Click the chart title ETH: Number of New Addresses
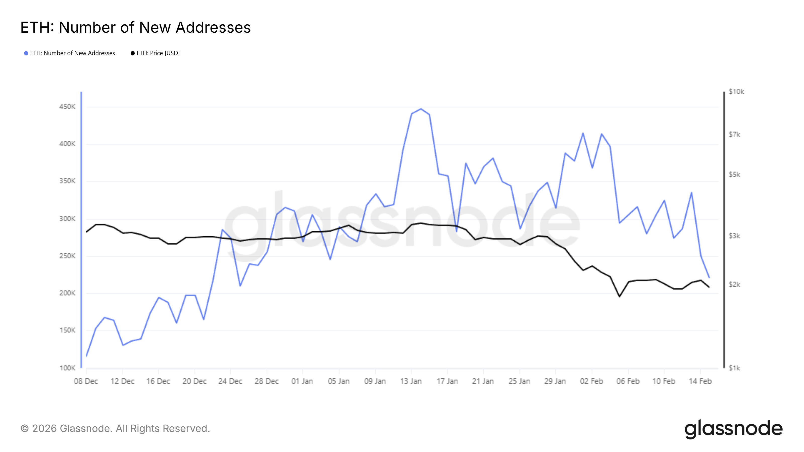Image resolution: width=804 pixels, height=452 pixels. click(x=135, y=27)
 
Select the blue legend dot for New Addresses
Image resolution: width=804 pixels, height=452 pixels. click(x=26, y=53)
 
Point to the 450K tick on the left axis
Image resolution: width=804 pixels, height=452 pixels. click(x=67, y=107)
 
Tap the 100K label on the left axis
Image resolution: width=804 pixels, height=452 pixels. click(x=67, y=368)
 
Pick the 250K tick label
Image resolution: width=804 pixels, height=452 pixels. click(x=67, y=256)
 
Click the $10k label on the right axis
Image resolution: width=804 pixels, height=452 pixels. click(x=736, y=92)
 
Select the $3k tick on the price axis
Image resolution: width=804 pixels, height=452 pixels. click(x=734, y=236)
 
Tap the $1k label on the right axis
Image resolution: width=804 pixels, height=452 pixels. click(x=734, y=368)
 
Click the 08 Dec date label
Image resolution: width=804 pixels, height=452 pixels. click(x=86, y=381)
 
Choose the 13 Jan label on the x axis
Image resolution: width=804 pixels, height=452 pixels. click(x=411, y=381)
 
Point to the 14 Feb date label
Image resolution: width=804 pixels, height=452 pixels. click(x=700, y=381)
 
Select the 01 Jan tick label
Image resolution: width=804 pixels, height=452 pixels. click(x=302, y=381)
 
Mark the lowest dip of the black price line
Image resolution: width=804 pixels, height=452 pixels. click(x=620, y=296)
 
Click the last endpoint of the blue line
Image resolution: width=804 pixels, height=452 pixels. click(x=709, y=277)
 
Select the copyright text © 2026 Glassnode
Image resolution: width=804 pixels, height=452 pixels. click(x=115, y=429)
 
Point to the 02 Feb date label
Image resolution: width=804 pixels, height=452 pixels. click(x=591, y=381)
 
